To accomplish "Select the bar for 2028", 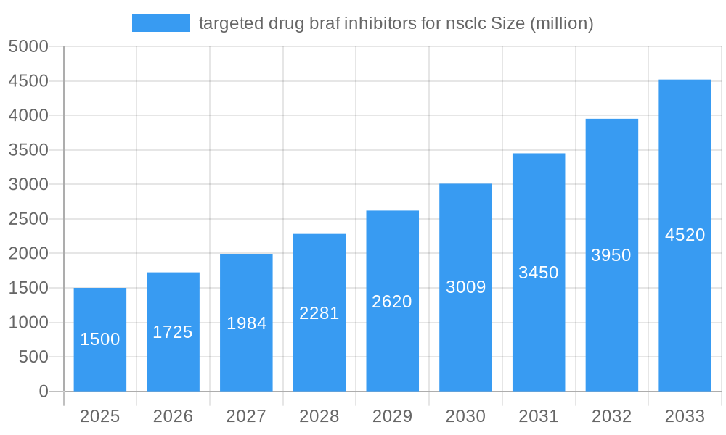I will point(319,312).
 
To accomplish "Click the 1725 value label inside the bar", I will point(173,332).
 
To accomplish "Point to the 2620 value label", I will point(392,302).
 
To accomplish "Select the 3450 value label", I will point(539,273).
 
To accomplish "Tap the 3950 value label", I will point(611,255).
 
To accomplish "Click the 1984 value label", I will point(246,323).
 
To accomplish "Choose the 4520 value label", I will point(685,235).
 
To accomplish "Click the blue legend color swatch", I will point(160,23).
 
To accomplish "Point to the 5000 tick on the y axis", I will point(28,46).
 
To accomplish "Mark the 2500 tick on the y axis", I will point(28,219).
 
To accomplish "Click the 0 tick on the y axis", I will point(43,391).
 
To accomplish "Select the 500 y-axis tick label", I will point(33,357).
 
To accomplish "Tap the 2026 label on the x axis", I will point(173,416).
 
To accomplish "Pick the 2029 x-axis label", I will point(392,416).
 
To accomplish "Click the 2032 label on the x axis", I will point(611,416).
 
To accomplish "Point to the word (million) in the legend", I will point(562,23).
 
